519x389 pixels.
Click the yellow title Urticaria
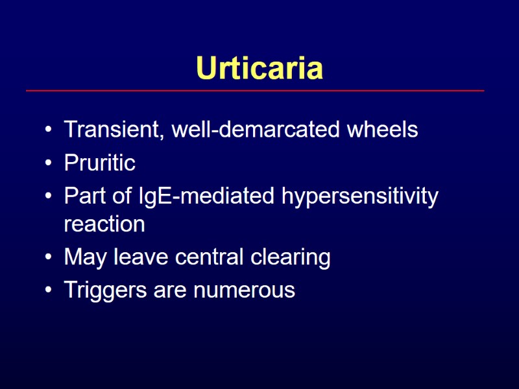259,68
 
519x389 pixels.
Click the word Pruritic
99,163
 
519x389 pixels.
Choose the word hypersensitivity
360,196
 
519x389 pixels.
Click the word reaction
104,225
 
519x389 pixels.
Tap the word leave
141,257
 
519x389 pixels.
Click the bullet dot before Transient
49,130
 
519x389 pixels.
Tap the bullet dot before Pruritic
49,163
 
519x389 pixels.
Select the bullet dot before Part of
49,196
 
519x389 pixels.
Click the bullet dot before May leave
49,258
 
